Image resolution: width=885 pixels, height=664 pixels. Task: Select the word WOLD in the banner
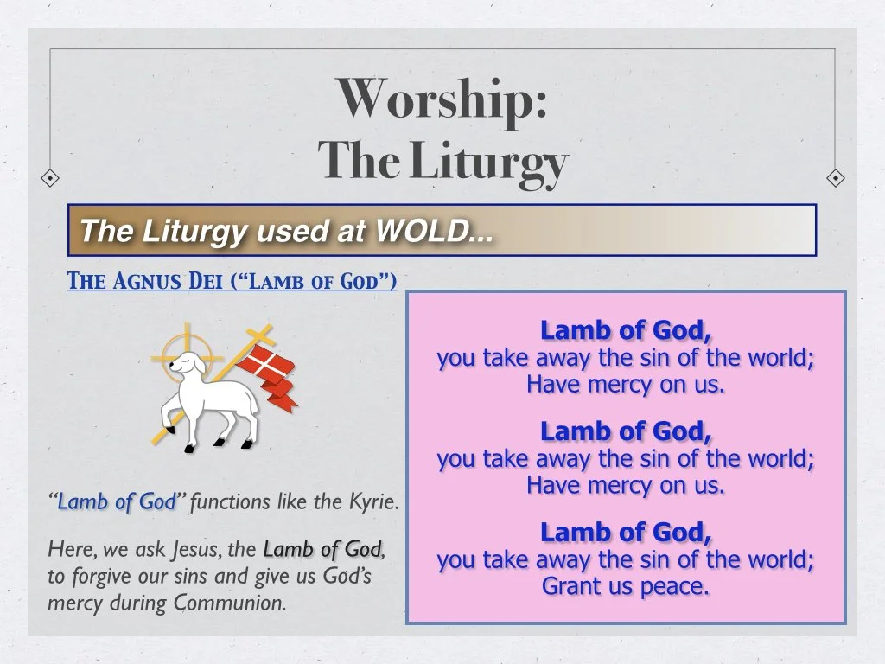423,231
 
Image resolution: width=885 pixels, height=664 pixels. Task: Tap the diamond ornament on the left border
51,178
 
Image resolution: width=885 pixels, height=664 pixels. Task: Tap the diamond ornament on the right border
835,178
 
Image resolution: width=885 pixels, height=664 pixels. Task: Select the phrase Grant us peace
626,586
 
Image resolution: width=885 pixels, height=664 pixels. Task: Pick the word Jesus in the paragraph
197,549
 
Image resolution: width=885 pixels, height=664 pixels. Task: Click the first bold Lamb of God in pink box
626,330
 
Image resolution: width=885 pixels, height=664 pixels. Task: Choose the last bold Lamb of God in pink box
626,532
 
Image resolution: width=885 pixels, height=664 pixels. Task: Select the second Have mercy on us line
626,486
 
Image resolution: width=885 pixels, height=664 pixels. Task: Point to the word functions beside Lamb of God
229,501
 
